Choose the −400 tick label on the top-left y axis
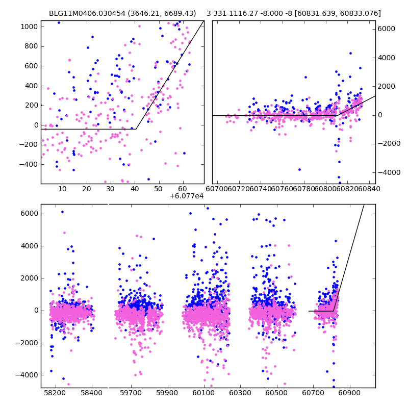tap(28, 165)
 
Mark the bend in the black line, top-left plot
tap(136, 129)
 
